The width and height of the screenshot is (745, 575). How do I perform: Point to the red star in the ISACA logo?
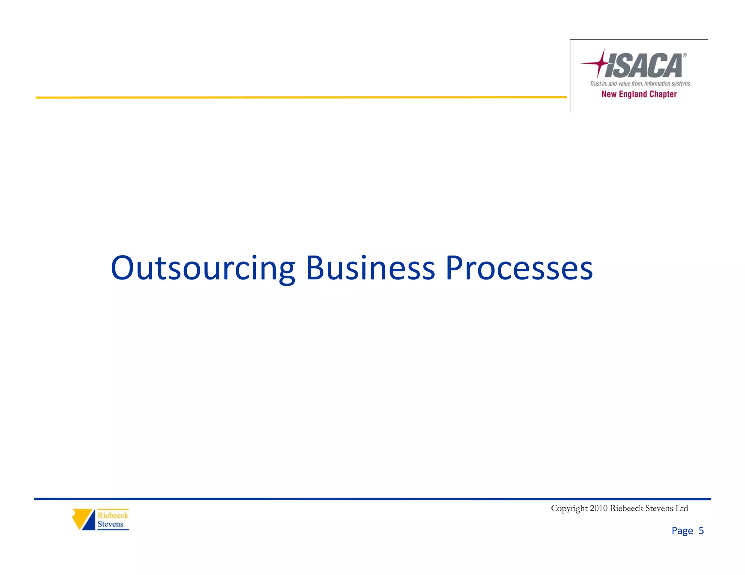coord(600,64)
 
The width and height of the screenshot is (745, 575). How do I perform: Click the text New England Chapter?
coord(639,94)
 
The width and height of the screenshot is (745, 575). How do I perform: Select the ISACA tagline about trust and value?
coord(640,84)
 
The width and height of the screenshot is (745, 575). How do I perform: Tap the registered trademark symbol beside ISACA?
coord(684,56)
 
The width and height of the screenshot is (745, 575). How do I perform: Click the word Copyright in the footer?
coord(569,508)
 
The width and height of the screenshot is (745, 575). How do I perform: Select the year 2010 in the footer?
coord(599,508)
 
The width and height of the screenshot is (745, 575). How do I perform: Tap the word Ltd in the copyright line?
coord(681,508)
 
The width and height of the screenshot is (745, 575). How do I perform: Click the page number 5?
coord(701,531)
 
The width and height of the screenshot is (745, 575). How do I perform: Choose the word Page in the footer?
coord(682,531)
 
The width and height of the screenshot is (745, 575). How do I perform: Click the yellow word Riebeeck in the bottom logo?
coord(113,515)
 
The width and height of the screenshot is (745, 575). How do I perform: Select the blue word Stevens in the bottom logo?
coord(110,524)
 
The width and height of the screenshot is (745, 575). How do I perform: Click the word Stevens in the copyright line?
coord(658,508)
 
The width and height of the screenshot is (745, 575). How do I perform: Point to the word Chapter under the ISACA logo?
coord(663,94)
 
